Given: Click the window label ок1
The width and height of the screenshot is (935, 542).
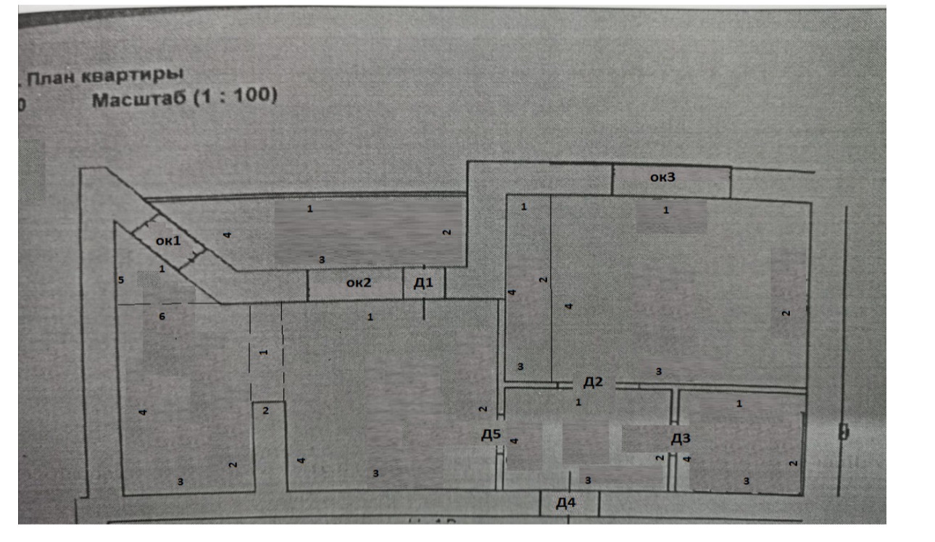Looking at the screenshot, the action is tap(167, 241).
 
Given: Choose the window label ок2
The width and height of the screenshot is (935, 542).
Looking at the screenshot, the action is tap(358, 283).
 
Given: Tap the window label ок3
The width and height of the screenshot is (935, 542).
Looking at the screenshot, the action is tap(662, 178).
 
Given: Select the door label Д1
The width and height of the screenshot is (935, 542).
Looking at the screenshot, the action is tap(423, 283).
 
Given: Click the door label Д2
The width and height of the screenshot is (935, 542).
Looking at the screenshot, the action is tap(593, 382).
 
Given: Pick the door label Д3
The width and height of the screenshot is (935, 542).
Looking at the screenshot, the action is tap(681, 438).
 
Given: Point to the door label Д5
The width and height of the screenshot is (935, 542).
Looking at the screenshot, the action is tap(491, 435).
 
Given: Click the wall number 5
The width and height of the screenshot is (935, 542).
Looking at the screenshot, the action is tap(122, 280).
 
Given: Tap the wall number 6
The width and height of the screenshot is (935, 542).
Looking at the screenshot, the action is tap(162, 316).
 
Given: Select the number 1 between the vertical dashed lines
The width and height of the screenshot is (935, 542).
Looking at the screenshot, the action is tap(263, 352).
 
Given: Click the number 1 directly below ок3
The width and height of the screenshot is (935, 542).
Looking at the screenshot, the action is tap(666, 211).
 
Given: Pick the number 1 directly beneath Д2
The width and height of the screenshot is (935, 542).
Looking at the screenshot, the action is tap(578, 402).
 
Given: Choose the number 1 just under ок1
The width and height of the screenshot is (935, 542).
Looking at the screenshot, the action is tap(162, 269).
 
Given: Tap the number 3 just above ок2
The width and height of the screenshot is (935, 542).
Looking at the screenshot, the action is tap(322, 259).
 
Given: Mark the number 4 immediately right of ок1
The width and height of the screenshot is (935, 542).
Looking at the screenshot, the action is tap(226, 235).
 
